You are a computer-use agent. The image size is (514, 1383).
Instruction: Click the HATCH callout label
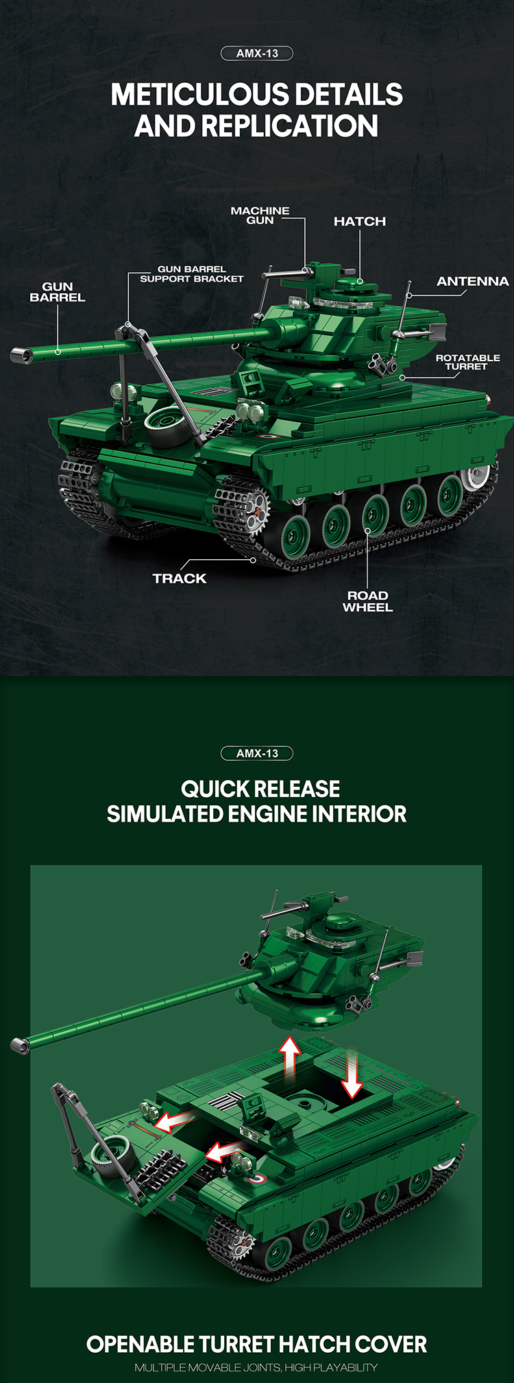click(x=360, y=221)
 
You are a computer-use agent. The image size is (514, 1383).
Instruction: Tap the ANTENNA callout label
click(x=473, y=281)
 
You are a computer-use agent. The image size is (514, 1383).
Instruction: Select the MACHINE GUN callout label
click(x=260, y=215)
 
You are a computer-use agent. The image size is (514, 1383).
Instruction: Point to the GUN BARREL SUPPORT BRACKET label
click(x=192, y=274)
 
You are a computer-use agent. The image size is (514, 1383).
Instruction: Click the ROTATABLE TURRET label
click(x=467, y=362)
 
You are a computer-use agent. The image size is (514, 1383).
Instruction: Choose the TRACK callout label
click(x=180, y=578)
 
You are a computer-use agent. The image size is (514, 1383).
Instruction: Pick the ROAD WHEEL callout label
click(x=368, y=601)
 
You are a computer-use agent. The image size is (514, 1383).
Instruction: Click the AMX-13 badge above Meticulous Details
click(x=257, y=53)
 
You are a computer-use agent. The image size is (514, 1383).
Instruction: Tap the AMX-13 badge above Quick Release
click(x=257, y=753)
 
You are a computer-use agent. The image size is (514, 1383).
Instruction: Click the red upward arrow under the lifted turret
click(x=291, y=1059)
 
